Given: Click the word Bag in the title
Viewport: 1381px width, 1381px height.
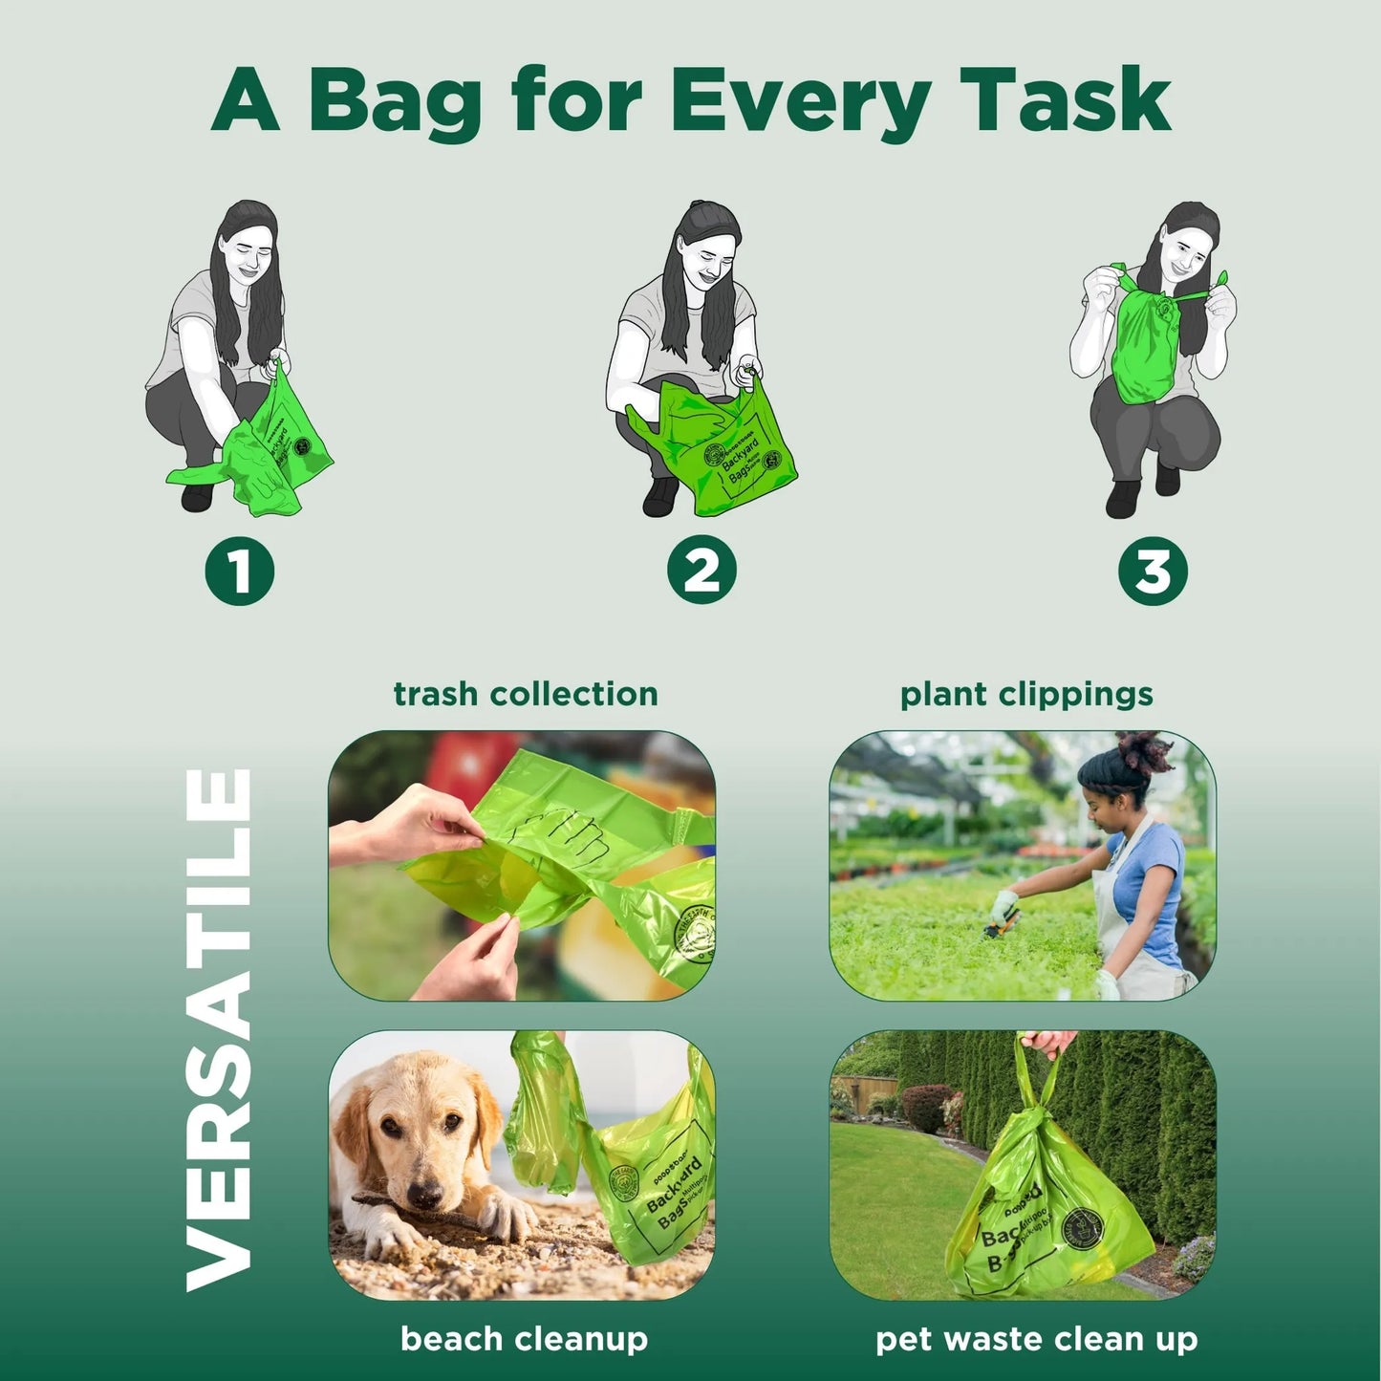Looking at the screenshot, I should point(395,100).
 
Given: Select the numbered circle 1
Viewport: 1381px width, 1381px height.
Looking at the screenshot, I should point(239,572).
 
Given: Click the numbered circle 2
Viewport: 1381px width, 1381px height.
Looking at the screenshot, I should point(701,571).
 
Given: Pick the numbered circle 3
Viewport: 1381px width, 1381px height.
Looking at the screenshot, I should point(1153,572).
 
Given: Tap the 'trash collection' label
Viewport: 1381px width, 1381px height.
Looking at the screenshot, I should point(525,694).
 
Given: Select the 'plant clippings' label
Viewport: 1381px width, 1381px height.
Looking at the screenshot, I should point(1025,694).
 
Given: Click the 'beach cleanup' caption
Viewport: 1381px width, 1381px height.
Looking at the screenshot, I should point(524,1339).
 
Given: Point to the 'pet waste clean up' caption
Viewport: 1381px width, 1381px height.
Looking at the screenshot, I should point(1036,1339).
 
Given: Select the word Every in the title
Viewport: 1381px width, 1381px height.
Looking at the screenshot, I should point(800,100).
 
